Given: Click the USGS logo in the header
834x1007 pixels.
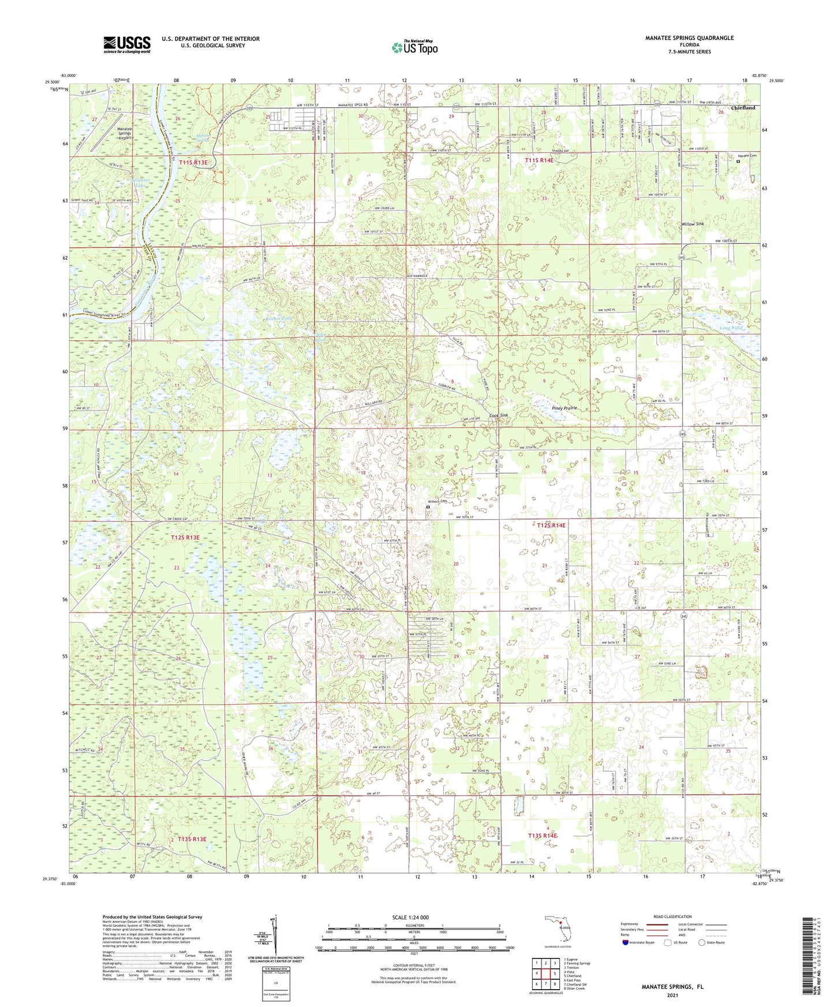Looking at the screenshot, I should pos(127,44).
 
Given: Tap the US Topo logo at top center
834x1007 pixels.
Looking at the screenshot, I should pos(414,47).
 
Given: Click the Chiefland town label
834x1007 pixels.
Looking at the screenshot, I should pos(743,108).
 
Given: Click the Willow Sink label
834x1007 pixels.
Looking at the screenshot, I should pos(692,224).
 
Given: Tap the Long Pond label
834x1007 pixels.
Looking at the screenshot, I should pos(731,328).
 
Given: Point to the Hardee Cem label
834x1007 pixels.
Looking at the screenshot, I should pos(746,156).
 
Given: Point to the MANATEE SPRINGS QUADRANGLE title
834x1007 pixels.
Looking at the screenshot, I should pos(689,38).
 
